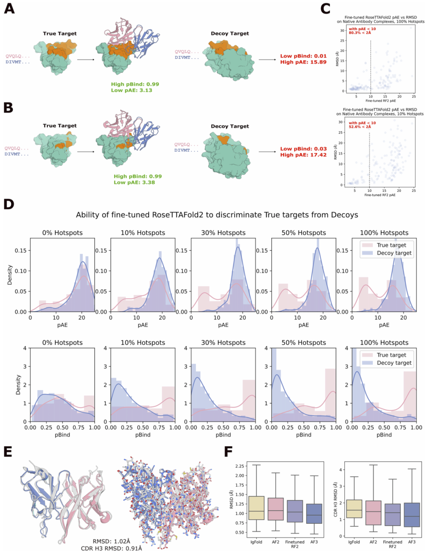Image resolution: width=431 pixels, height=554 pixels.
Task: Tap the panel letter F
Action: click(x=228, y=451)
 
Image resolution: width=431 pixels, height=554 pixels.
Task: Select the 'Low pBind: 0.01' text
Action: click(x=303, y=56)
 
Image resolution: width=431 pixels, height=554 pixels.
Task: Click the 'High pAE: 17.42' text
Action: click(x=303, y=155)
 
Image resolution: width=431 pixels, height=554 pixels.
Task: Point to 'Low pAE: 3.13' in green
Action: click(x=132, y=90)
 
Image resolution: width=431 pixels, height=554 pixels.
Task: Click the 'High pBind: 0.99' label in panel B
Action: click(x=138, y=176)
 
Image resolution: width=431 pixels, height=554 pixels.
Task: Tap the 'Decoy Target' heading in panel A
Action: click(x=230, y=34)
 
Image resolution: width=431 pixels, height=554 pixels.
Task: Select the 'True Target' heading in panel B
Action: click(x=60, y=126)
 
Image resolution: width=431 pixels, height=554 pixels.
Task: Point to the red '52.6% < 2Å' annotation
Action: click(x=360, y=127)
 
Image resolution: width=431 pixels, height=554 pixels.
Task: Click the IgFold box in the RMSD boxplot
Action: click(x=256, y=508)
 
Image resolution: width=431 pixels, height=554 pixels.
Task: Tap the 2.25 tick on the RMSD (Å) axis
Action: click(x=239, y=466)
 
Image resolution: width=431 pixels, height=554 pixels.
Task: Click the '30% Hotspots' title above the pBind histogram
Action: click(x=223, y=343)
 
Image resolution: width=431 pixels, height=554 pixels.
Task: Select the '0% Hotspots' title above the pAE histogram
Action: click(x=62, y=233)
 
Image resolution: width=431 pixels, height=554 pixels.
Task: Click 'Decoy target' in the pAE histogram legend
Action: click(x=394, y=253)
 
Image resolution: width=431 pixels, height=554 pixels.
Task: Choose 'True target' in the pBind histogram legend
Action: click(x=391, y=355)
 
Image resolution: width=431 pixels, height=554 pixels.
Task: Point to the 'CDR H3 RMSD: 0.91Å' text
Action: click(x=111, y=548)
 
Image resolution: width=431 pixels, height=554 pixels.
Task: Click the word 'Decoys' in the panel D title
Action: click(x=344, y=215)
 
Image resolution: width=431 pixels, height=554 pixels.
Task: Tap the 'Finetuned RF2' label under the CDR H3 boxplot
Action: click(x=393, y=544)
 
